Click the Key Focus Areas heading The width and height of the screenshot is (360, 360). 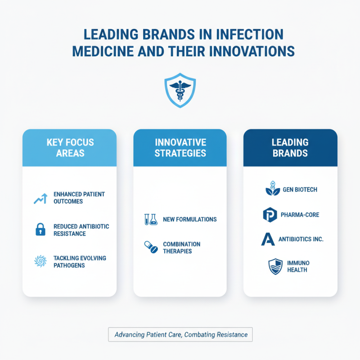[x=70, y=147]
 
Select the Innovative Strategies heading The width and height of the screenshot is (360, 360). [x=180, y=147]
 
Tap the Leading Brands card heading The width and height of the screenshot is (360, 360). [x=290, y=147]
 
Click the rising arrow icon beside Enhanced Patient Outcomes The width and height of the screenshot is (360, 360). [x=40, y=198]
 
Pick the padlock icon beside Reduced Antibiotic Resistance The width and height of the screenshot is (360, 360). [x=40, y=230]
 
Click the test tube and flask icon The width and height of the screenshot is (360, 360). [x=150, y=219]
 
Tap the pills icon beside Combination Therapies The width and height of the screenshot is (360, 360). [x=150, y=247]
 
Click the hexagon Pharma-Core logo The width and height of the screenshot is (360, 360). [x=269, y=215]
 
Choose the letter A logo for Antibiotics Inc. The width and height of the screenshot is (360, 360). [x=268, y=239]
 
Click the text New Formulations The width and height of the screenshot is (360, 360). [x=190, y=219]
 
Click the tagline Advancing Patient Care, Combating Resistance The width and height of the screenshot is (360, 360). [x=181, y=334]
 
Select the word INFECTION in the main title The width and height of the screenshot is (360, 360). [x=243, y=35]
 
